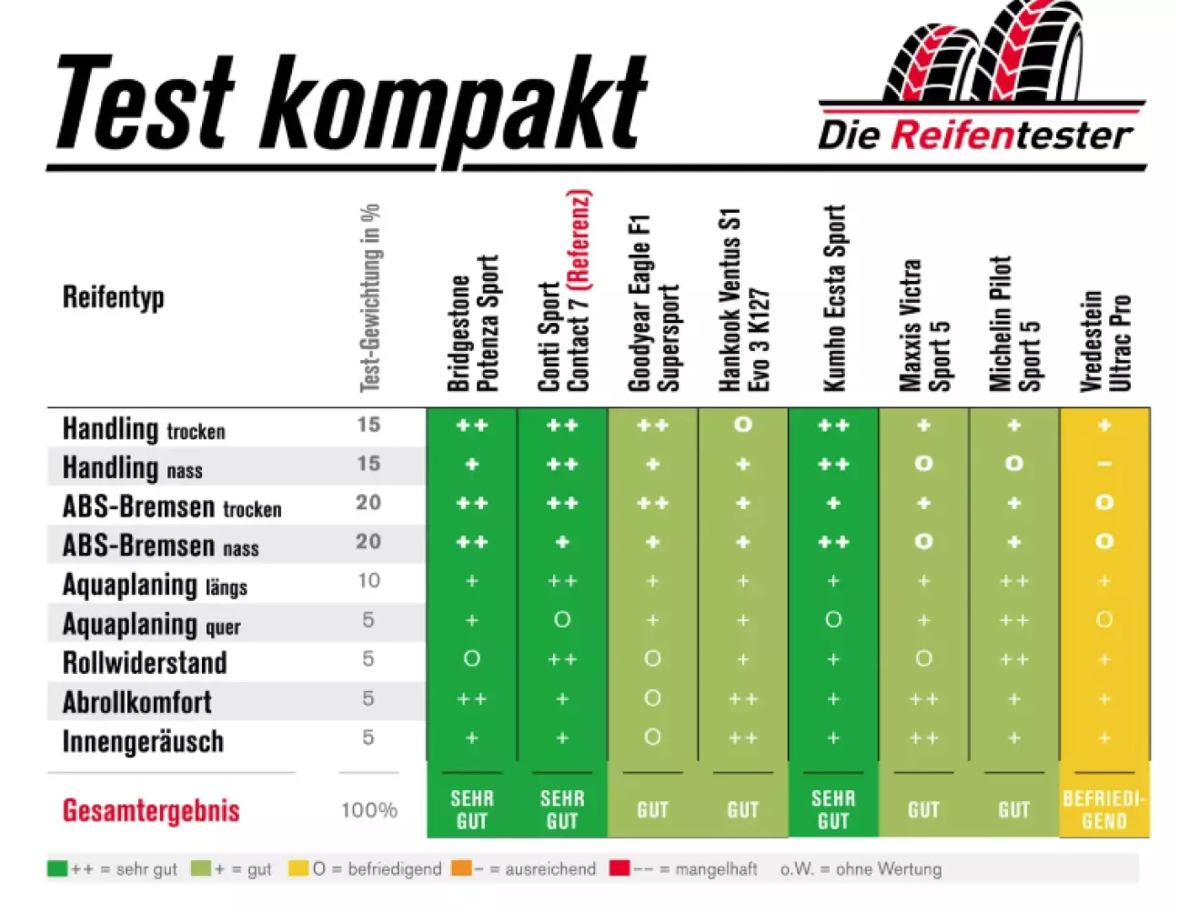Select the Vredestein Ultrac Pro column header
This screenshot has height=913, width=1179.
[x=1104, y=341]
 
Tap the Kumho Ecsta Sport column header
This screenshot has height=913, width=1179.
[x=833, y=298]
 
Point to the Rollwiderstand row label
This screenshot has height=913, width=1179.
[x=145, y=662]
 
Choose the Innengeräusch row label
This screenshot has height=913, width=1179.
[x=143, y=741]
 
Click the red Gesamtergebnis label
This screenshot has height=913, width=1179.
[x=151, y=810]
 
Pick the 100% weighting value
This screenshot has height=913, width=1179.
[x=368, y=810]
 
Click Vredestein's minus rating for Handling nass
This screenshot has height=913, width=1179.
[x=1104, y=464]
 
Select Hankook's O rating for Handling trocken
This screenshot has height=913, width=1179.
[x=743, y=425]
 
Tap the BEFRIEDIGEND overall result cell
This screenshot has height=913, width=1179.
[x=1104, y=809]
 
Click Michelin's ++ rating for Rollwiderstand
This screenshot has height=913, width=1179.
[x=1014, y=659]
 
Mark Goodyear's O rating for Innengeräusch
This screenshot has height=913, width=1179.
[x=652, y=737]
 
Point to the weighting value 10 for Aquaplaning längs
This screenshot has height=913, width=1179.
[x=368, y=580]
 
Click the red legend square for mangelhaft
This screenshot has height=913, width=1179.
[x=620, y=868]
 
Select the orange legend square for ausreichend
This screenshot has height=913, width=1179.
[x=461, y=868]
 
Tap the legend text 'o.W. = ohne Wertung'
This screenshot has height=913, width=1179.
[x=861, y=869]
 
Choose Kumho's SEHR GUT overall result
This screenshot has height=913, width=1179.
[x=833, y=809]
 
